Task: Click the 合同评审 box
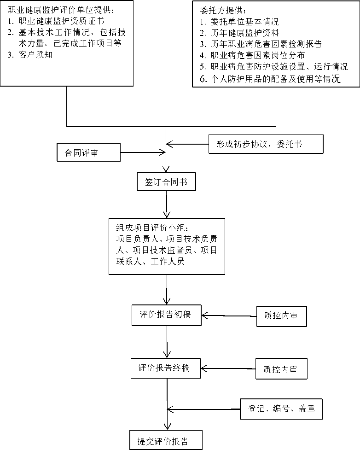point(88,152)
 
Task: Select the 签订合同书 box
point(166,181)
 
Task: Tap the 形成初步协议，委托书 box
point(266,144)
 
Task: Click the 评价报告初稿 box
point(166,315)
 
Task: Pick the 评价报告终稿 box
point(166,368)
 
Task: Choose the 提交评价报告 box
point(166,440)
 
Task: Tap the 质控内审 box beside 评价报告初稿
point(281,316)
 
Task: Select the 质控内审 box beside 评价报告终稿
point(281,369)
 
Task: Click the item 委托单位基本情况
point(244,22)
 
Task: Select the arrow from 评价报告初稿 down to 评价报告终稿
point(166,341)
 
